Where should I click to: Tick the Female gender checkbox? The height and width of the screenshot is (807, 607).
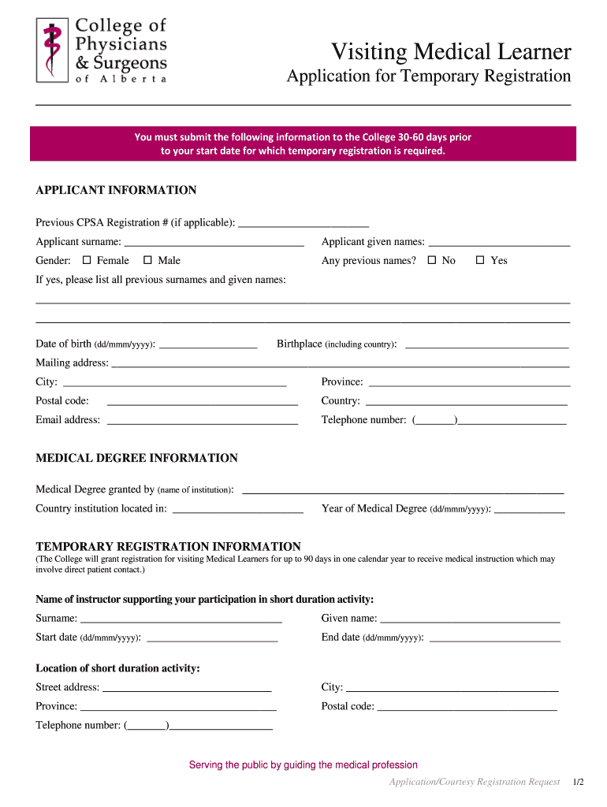coord(88,260)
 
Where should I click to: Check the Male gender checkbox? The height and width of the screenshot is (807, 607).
coord(147,260)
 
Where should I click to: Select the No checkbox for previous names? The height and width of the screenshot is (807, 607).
coord(431,260)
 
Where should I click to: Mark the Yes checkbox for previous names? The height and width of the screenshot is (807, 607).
coord(479,260)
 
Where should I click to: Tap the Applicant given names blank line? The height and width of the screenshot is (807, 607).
coord(498,241)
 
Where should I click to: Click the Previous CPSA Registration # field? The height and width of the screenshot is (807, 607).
coord(303,222)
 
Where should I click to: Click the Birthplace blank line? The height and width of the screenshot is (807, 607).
coord(486,344)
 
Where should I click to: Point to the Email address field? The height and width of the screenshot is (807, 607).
coord(202,419)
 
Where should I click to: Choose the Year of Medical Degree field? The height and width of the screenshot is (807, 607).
coord(529,508)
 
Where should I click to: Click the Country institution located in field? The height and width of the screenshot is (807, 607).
coord(237,508)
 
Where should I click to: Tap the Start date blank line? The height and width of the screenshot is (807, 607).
coord(212,637)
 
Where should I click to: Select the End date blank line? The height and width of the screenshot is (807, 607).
coord(494,637)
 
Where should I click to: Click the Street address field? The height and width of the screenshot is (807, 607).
coord(187,687)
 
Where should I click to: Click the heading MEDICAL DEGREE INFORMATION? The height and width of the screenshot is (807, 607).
coord(136,458)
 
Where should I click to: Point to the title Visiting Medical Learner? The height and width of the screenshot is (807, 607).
coord(450,52)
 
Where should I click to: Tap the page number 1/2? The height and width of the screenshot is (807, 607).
coord(579,782)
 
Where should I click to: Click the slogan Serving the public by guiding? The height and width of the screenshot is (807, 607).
coord(303,764)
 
